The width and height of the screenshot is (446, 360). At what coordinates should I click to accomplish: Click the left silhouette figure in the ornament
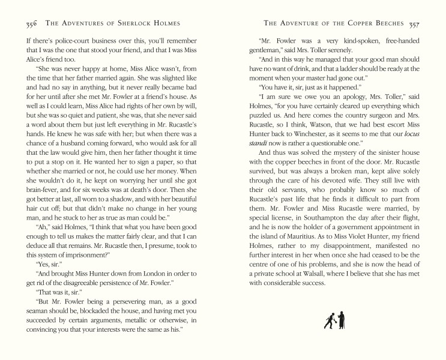coord(329,320)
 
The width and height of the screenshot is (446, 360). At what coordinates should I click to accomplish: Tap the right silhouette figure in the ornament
coord(340,319)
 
